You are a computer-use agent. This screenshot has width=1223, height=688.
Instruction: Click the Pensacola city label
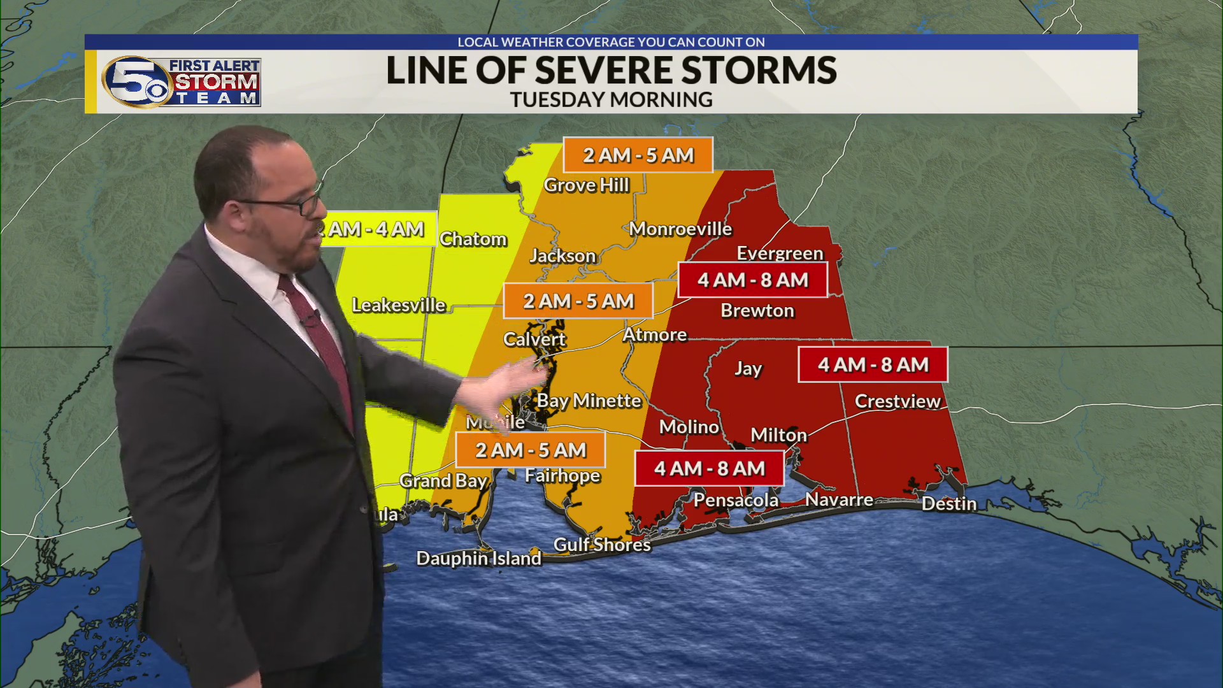click(736, 500)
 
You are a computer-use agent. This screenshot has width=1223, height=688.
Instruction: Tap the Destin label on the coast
click(948, 504)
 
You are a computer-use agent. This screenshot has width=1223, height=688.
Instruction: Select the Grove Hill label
click(586, 185)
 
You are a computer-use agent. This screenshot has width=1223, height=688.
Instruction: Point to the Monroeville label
click(680, 229)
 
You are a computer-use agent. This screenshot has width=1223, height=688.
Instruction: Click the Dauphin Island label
click(478, 559)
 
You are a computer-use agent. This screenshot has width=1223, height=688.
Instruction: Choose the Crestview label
click(897, 401)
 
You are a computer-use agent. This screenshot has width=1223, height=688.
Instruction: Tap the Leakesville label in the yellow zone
click(399, 305)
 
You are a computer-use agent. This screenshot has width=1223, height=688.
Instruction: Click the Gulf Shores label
click(602, 545)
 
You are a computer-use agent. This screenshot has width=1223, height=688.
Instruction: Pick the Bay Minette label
click(589, 401)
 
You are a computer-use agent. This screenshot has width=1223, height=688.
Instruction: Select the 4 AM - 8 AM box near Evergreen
click(752, 280)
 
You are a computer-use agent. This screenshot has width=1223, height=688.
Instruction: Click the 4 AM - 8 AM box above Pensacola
click(709, 469)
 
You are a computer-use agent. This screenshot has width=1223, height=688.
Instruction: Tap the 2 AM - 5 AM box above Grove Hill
click(638, 155)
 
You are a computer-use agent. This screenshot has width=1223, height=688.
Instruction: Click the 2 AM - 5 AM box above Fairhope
click(530, 450)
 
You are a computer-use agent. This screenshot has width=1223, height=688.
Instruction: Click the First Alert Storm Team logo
click(182, 82)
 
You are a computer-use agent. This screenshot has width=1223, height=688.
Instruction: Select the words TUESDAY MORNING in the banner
click(611, 100)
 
